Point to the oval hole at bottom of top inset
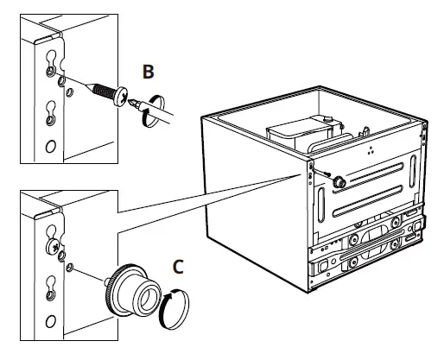pyautogui.click(x=51, y=146)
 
